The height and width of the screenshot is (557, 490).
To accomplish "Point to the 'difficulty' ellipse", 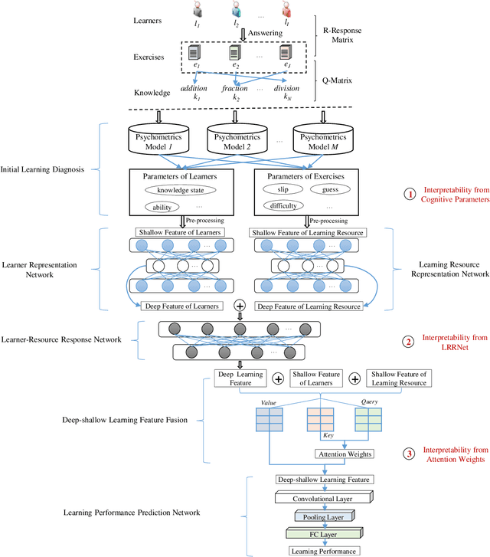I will click(283, 205).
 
